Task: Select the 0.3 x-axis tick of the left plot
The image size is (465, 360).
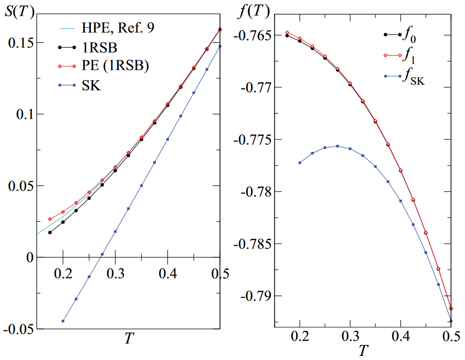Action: click(x=115, y=273)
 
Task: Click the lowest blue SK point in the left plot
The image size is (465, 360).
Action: click(x=63, y=321)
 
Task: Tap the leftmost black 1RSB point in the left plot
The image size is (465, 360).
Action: click(x=50, y=232)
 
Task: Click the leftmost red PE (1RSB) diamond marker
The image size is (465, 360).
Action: click(x=50, y=219)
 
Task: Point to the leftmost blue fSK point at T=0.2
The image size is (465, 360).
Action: click(x=300, y=162)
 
